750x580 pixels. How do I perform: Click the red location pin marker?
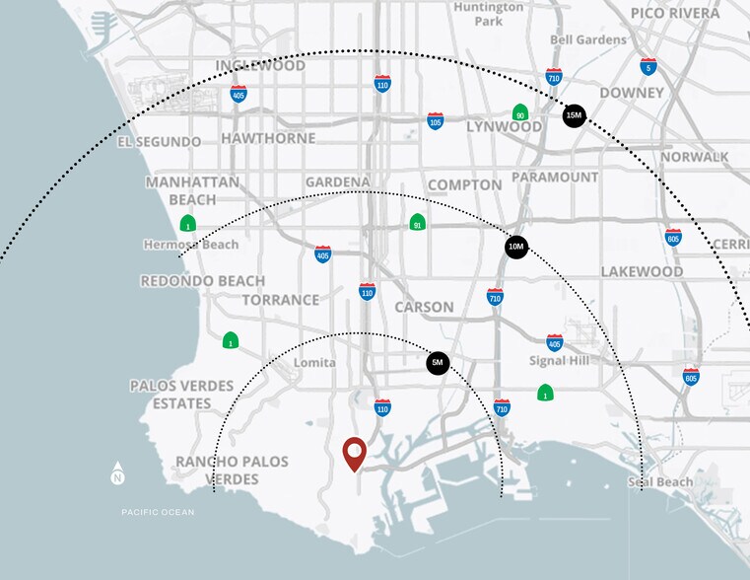pyautogui.click(x=354, y=453)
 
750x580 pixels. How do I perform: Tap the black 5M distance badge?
pyautogui.click(x=439, y=363)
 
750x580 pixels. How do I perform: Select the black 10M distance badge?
pyautogui.click(x=516, y=246)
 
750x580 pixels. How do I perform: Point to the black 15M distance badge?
pyautogui.click(x=574, y=115)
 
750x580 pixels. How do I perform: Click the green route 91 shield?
pyautogui.click(x=418, y=222)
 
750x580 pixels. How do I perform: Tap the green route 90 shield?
pyautogui.click(x=519, y=113)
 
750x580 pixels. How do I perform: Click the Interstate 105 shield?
pyautogui.click(x=435, y=120)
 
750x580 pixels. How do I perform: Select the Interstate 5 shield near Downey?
pyautogui.click(x=648, y=66)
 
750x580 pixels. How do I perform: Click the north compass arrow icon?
pyautogui.click(x=118, y=473)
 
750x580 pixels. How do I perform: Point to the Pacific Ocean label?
pyautogui.click(x=158, y=512)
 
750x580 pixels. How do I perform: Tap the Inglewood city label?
pyautogui.click(x=260, y=65)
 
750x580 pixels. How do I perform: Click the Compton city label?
pyautogui.click(x=464, y=184)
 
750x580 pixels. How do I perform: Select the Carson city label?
pyautogui.click(x=424, y=307)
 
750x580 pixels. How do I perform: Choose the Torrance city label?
pyautogui.click(x=281, y=300)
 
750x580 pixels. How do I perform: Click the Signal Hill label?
pyautogui.click(x=558, y=361)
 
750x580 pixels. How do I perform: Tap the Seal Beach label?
pyautogui.click(x=661, y=482)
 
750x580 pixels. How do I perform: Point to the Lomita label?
pyautogui.click(x=314, y=363)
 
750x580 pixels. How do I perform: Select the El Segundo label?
pyautogui.click(x=159, y=142)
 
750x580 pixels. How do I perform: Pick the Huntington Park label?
pyautogui.click(x=490, y=13)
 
